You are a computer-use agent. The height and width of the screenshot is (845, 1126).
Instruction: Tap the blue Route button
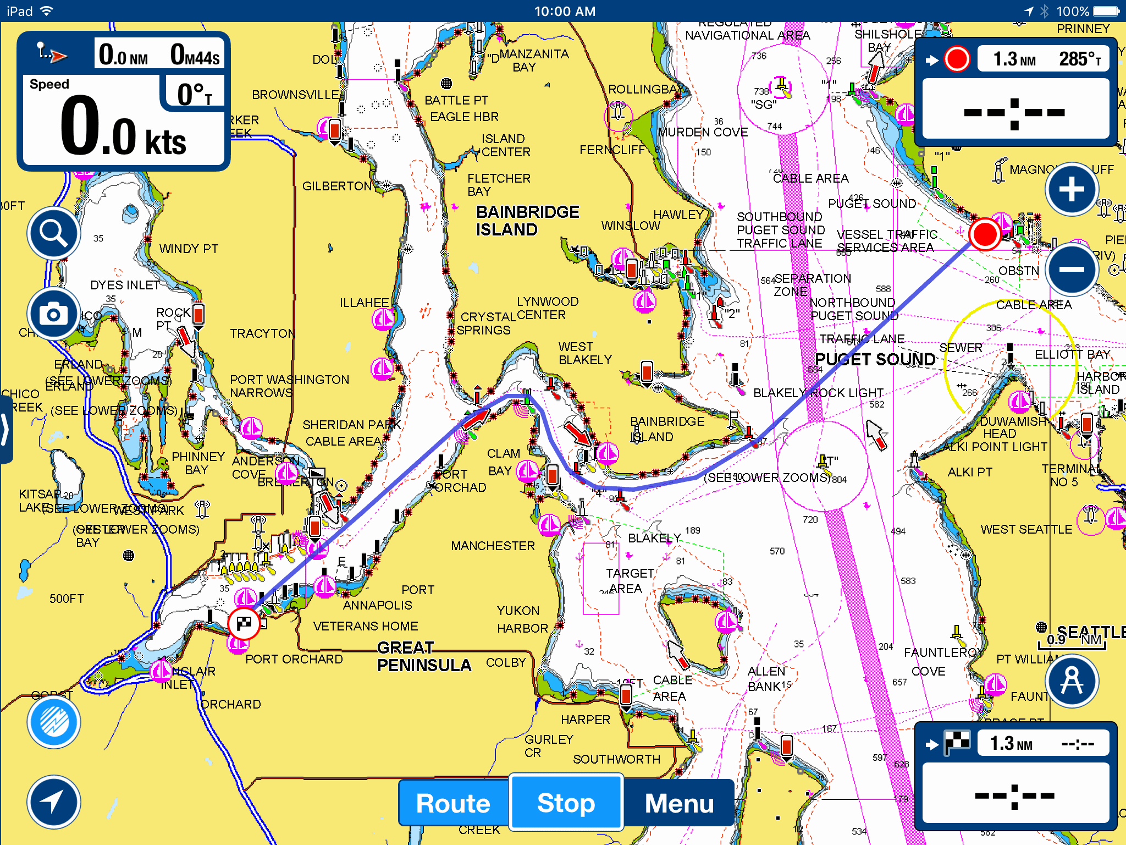tap(453, 803)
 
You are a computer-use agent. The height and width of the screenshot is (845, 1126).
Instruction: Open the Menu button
tap(679, 803)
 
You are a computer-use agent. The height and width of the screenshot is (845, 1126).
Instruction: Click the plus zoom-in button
tap(1072, 190)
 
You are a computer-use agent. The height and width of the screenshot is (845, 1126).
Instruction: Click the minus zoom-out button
tap(1072, 269)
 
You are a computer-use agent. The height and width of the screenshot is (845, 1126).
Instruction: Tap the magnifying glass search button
tap(53, 234)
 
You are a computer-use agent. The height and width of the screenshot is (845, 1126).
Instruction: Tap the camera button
tap(53, 314)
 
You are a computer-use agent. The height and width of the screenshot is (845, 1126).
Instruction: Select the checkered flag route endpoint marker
tap(244, 624)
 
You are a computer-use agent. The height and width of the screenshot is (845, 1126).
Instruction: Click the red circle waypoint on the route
tap(984, 234)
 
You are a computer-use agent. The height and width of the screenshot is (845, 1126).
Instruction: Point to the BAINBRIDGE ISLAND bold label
tap(527, 221)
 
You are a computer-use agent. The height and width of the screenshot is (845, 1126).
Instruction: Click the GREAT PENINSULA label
tap(423, 656)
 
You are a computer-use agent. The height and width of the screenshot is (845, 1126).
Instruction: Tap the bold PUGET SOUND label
tap(875, 360)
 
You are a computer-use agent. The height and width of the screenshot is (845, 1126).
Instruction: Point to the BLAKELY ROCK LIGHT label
tap(818, 393)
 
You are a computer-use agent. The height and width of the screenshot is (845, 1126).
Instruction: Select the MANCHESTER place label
tap(493, 546)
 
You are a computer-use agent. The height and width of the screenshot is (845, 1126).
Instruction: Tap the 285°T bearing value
tap(1079, 59)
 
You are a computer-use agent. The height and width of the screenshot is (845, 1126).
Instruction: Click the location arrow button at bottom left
tap(53, 802)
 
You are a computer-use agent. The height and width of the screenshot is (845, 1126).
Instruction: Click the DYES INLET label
tap(125, 285)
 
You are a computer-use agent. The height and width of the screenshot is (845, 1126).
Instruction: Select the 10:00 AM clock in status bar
tap(565, 11)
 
